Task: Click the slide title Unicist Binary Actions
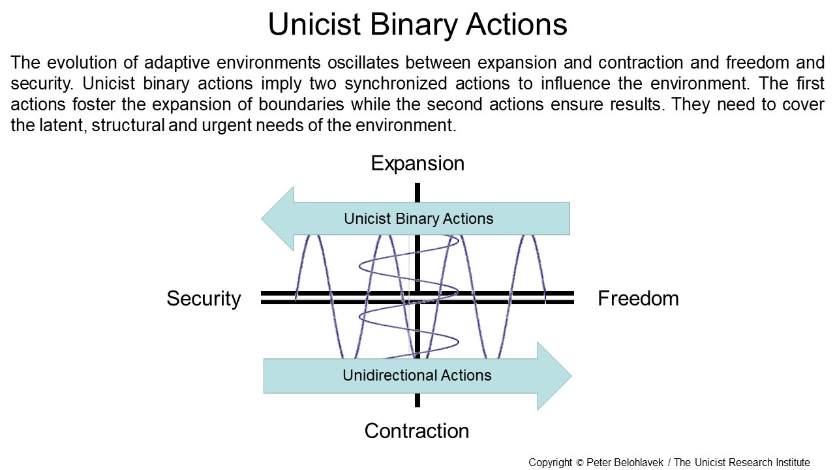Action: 417,25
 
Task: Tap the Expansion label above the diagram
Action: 417,163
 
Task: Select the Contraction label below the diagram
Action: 417,431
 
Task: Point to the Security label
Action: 204,298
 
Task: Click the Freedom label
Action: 638,298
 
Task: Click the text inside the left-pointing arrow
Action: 419,219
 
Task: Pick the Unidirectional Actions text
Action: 417,375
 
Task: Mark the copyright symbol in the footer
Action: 580,463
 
